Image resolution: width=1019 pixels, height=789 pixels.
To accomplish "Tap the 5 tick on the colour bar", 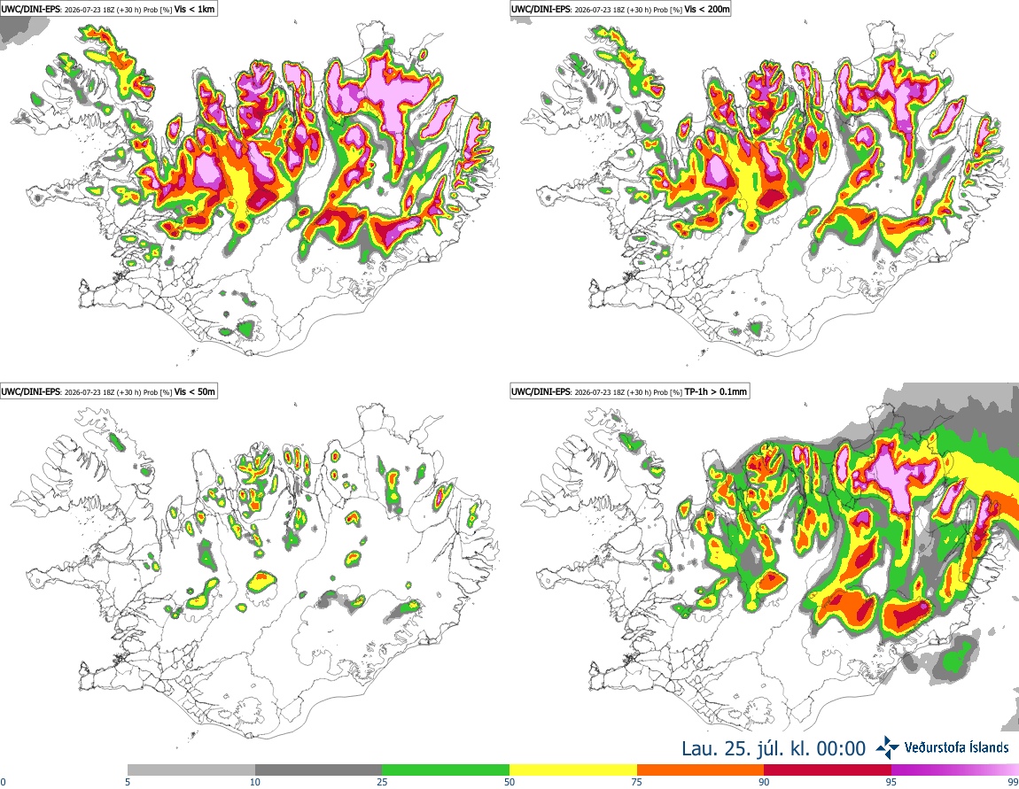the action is tap(128, 782).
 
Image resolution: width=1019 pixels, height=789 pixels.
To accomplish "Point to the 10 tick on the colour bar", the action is tap(255, 782).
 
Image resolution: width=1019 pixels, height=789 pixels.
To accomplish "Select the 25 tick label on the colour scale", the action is tap(382, 782).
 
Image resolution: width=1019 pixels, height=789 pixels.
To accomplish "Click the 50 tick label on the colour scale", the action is tap(509, 782).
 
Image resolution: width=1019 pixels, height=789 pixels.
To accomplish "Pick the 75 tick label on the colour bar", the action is tap(637, 782).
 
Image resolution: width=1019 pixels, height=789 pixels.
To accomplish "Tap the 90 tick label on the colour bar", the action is tap(764, 782).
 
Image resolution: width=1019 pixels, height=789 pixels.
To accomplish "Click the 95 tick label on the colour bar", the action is tap(891, 782).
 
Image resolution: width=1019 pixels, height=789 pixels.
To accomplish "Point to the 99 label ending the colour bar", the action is tap(1014, 782).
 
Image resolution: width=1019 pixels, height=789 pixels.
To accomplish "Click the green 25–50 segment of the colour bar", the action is tap(446, 770).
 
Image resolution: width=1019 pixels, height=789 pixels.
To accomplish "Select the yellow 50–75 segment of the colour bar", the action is tap(573, 770).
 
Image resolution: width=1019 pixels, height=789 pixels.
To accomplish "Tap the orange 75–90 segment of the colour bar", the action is tap(701, 770).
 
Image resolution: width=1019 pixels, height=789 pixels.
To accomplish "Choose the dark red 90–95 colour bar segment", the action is tap(828, 770).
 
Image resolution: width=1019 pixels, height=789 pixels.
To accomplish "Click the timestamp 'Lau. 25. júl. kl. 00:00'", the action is tap(774, 749).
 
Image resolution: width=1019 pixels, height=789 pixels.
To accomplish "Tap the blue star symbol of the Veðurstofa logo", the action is tap(887, 748).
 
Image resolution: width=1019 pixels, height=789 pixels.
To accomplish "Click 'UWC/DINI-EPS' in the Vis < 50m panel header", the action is tap(31, 391).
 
